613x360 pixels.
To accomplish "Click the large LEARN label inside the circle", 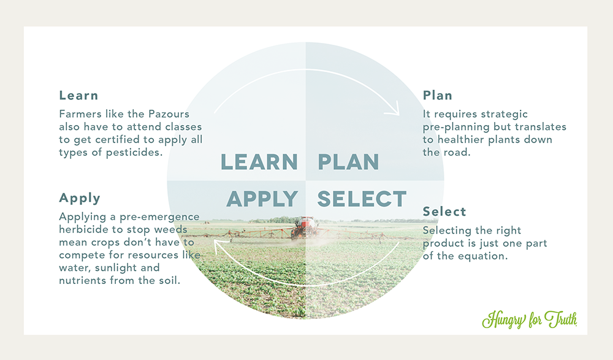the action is click(259, 162).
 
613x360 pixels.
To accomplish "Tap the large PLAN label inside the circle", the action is click(348, 162).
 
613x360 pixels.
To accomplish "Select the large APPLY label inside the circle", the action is click(262, 199).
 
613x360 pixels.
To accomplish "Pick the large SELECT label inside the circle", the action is click(362, 199).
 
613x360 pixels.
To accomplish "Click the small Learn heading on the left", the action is click(78, 96).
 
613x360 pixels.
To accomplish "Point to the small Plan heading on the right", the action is click(438, 96).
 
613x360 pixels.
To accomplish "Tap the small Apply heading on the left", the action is click(80, 198).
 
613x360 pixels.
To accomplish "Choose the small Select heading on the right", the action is click(444, 212).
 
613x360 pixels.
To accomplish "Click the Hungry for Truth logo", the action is click(530, 320).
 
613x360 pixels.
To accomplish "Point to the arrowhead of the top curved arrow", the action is click(394, 110).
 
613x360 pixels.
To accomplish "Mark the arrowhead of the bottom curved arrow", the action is click(219, 245).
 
